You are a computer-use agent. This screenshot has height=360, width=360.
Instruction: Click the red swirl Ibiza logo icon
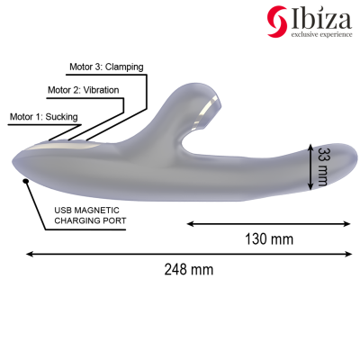point(277,18)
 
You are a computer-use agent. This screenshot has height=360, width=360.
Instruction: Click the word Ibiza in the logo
point(319,16)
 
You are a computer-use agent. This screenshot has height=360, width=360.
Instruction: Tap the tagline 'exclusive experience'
point(319,35)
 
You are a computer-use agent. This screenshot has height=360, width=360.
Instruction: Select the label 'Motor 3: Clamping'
point(106,67)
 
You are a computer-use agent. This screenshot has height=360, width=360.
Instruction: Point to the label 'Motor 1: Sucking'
point(43,117)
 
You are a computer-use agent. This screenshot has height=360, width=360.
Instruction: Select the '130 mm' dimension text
point(269,238)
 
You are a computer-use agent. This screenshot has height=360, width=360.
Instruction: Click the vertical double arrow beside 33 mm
point(310,166)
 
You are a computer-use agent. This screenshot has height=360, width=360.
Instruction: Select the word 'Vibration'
point(102,91)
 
